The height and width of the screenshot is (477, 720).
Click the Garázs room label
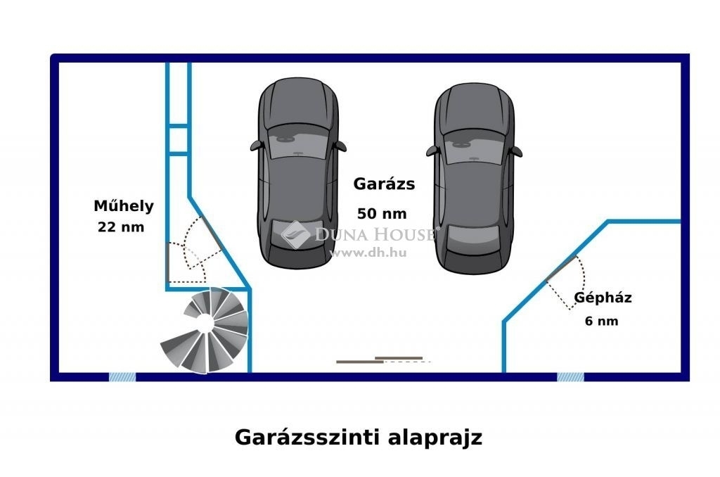tap(384, 184)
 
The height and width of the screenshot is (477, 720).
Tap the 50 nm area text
tap(382, 214)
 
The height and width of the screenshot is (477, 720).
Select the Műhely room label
tap(124, 205)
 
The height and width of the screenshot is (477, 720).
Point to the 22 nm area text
tap(121, 227)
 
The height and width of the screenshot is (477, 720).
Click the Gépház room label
tap(603, 298)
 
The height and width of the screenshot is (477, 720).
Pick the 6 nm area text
tap(602, 321)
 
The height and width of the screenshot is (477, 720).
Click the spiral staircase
tap(205, 329)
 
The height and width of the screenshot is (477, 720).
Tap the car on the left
tap(298, 173)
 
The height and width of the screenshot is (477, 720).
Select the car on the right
tap(474, 179)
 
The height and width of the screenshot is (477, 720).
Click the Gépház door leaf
tap(560, 268)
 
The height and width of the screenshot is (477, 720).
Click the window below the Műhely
tap(122, 377)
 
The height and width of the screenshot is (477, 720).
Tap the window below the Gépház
tap(570, 377)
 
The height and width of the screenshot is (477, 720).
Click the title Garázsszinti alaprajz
tap(359, 437)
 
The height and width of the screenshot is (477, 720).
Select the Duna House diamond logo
tap(295, 234)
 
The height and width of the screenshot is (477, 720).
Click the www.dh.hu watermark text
tap(368, 253)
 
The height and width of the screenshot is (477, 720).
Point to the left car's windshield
tap(298, 143)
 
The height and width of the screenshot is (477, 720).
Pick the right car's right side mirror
tap(517, 152)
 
